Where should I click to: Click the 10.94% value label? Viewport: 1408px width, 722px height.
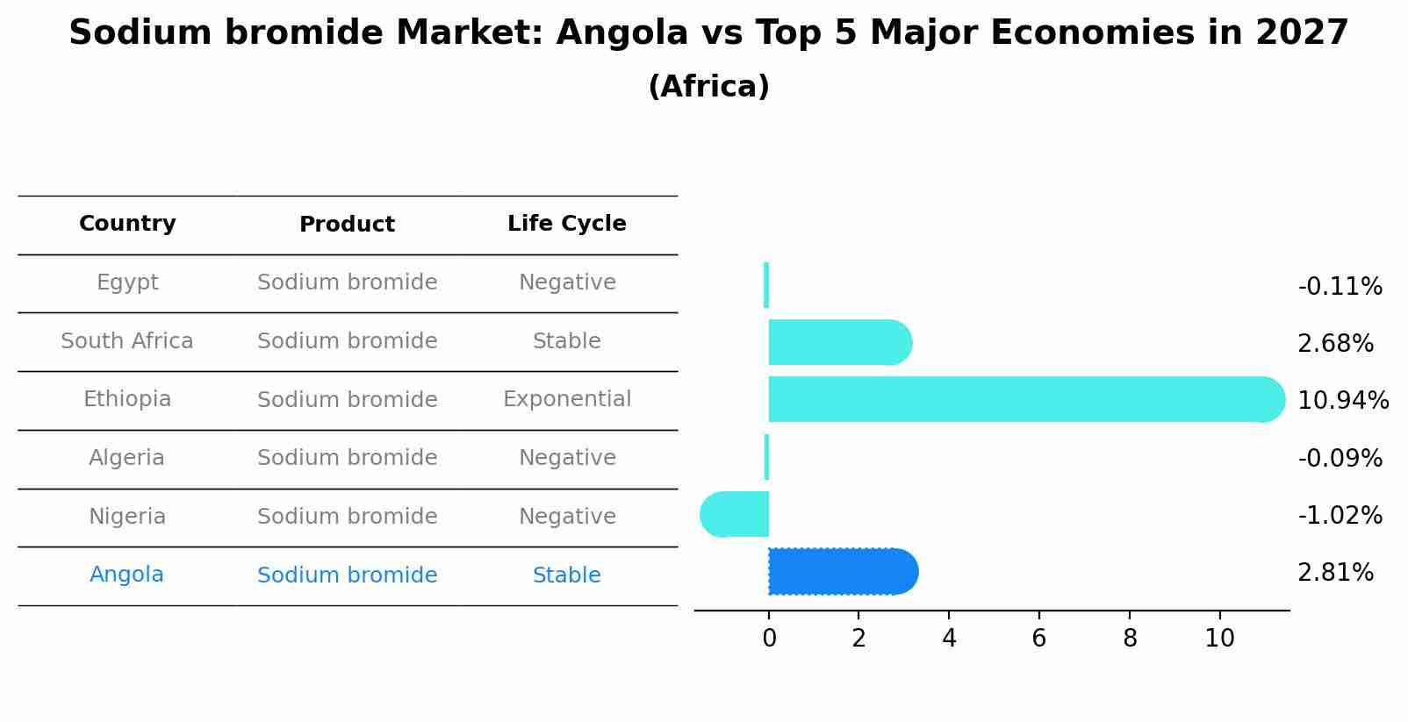pos(1342,401)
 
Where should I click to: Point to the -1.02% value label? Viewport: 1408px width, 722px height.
pos(1340,516)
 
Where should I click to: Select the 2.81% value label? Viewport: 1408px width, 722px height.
pos(1334,573)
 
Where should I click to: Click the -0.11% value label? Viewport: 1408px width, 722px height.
pos(1340,287)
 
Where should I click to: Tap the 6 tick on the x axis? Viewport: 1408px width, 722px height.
pos(1038,639)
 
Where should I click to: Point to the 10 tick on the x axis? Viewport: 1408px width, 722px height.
pos(1219,639)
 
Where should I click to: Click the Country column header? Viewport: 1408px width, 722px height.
pos(127,224)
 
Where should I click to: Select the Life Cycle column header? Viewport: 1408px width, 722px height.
pos(566,224)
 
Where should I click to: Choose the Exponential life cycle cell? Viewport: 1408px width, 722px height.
pos(566,399)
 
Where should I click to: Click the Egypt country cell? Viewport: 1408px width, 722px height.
pos(127,282)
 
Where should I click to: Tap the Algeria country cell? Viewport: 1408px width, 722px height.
pos(126,458)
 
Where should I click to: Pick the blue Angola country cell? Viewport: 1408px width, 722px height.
pos(126,575)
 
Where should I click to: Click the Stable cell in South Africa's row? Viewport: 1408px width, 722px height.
pos(566,341)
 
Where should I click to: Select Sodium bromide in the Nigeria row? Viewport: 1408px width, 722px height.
pos(347,517)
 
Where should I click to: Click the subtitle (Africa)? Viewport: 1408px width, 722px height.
pos(708,87)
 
